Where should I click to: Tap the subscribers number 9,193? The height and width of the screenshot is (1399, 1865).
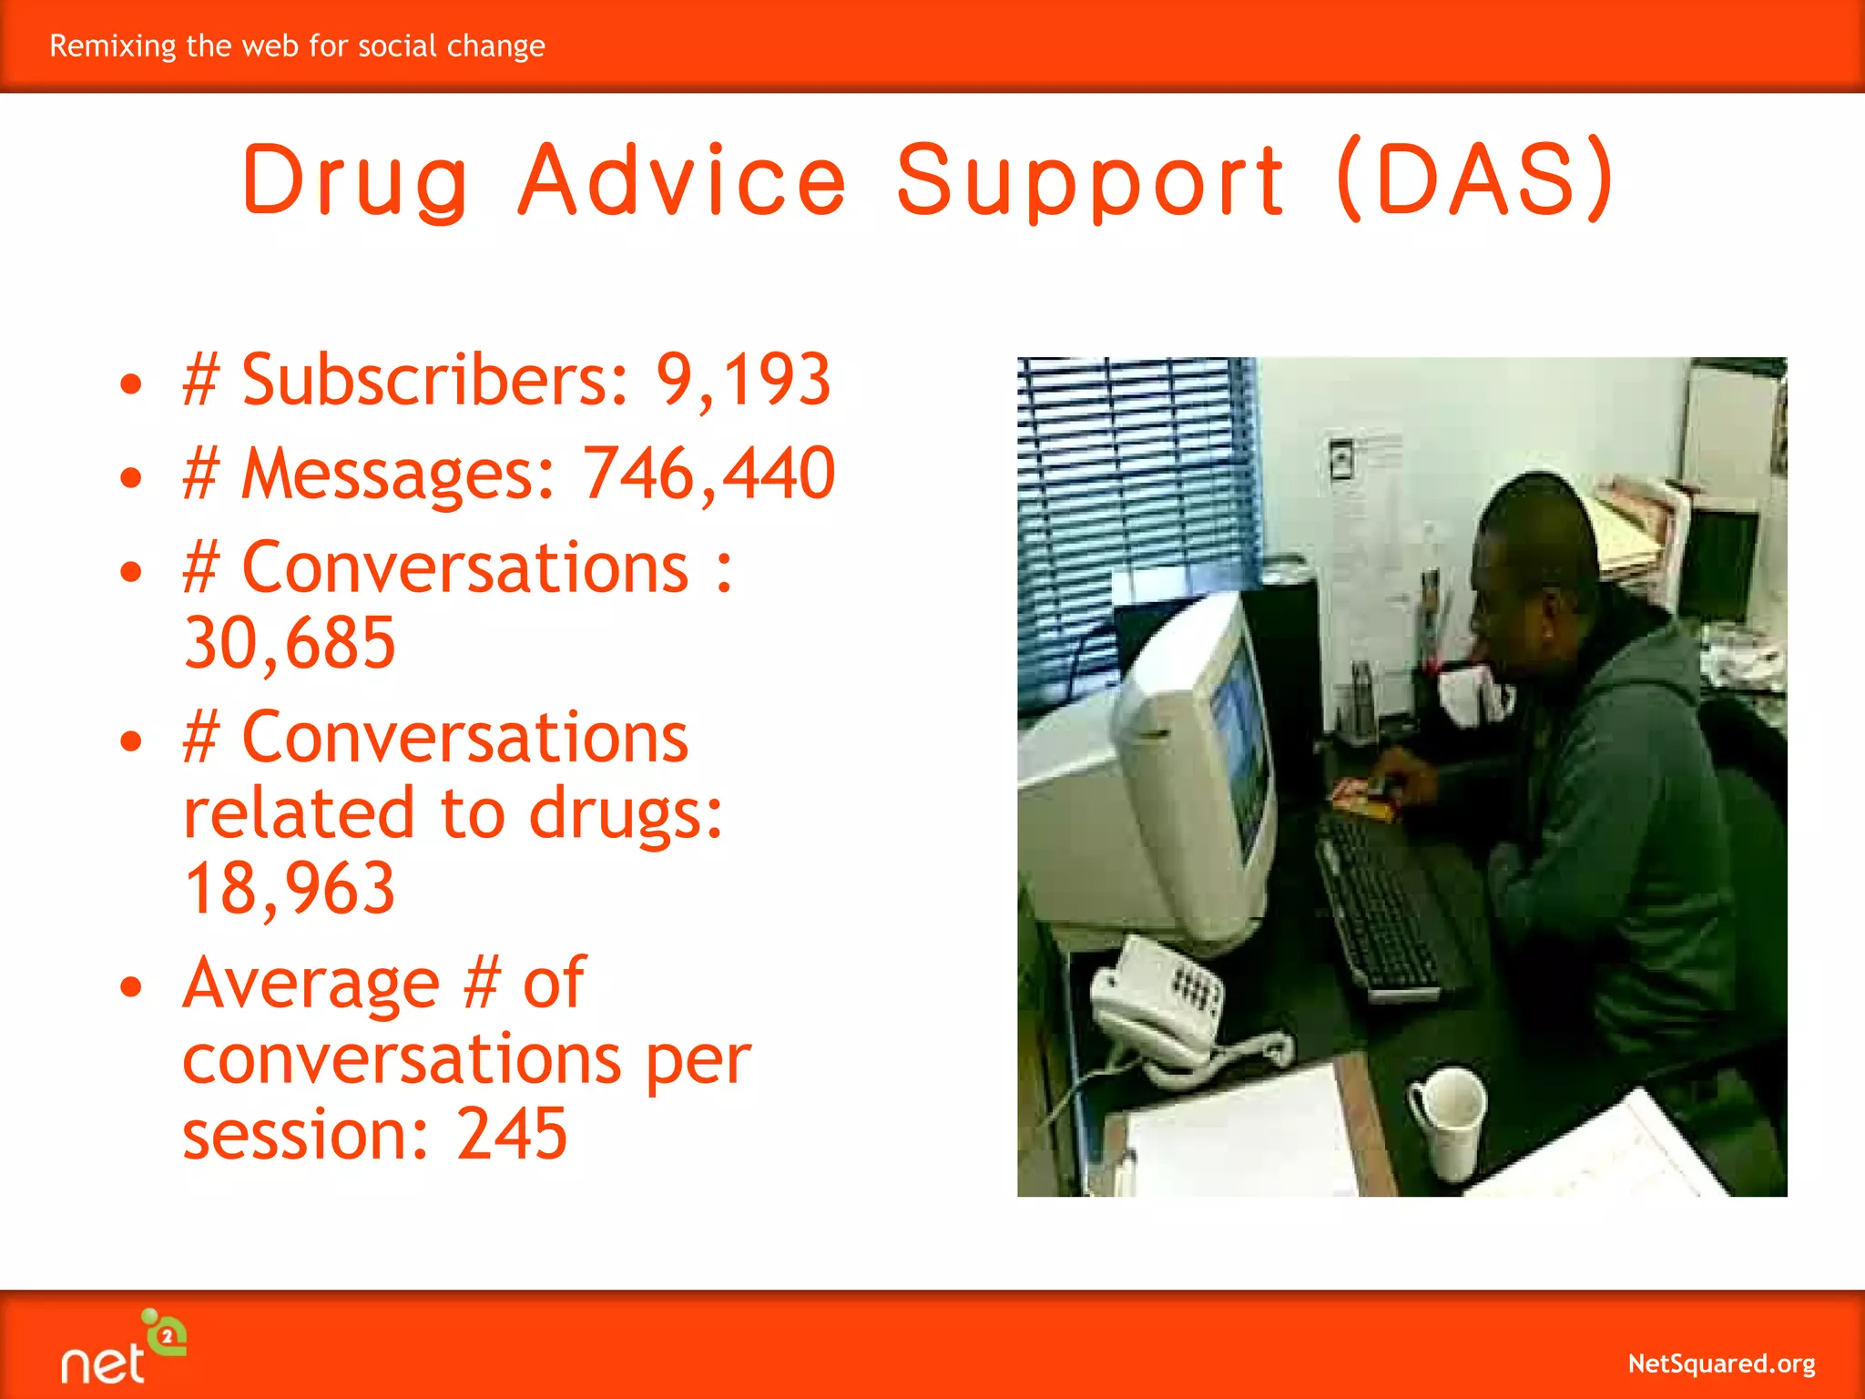point(743,380)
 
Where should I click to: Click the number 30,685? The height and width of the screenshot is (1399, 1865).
point(290,643)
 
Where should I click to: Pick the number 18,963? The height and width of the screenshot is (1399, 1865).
point(290,888)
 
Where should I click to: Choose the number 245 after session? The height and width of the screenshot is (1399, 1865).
point(512,1134)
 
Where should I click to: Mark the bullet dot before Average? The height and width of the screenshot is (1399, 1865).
point(132,986)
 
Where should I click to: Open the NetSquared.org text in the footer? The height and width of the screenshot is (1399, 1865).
point(1721,1363)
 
